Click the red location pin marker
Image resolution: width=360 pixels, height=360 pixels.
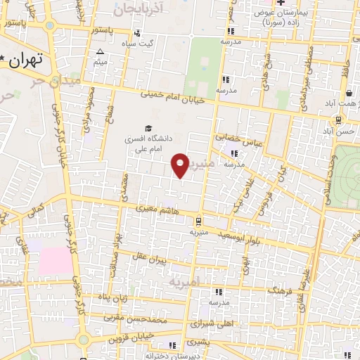point(181,165)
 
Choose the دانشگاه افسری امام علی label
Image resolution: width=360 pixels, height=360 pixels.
point(148,144)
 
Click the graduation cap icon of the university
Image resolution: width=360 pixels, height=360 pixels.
point(148,127)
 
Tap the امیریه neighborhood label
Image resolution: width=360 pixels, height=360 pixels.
point(184,282)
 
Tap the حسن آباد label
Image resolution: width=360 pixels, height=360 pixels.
point(345,131)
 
